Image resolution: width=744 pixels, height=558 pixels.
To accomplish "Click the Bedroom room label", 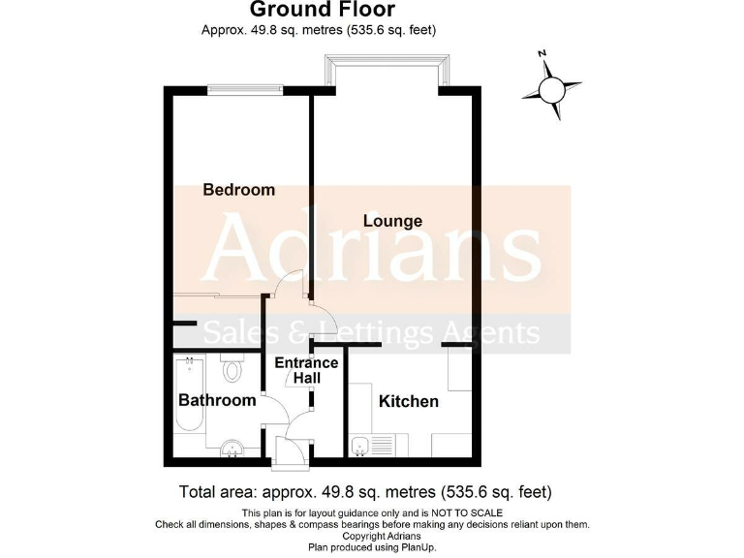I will pos(238,190).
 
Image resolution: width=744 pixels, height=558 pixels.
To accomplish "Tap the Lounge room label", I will pos(392,221).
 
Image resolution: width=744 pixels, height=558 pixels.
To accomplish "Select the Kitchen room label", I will pos(408,401).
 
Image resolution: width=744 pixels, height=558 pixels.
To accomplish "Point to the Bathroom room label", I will pos(217,400).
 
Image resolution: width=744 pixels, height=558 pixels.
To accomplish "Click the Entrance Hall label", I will pos(306,371).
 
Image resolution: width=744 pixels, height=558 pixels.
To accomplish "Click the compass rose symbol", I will pos(551,89).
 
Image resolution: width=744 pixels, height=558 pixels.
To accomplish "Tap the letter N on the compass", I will pos(543,53).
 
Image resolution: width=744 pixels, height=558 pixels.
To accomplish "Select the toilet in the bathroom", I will pos(231,368).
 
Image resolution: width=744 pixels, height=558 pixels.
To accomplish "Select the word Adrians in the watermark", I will pos(373,249).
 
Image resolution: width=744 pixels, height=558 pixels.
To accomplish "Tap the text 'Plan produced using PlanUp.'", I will pos(372,547).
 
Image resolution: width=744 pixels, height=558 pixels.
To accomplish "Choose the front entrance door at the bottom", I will pos(291,449).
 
